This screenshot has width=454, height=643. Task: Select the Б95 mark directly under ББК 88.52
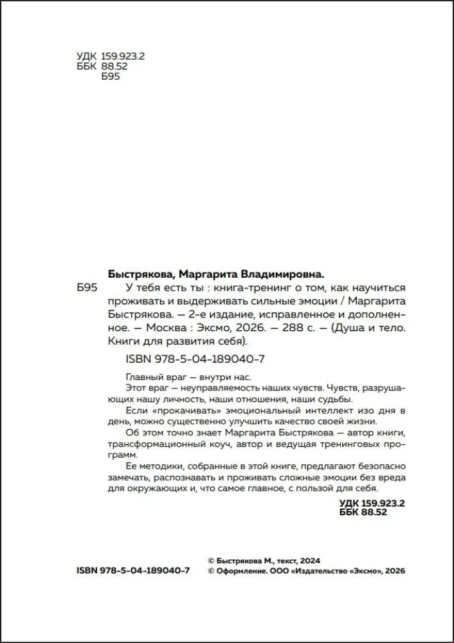click(111, 77)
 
